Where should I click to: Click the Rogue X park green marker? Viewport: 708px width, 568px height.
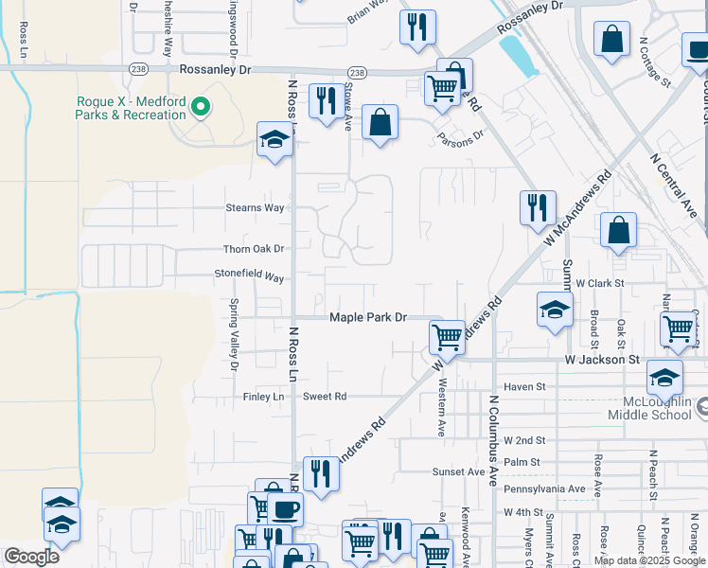pyautogui.click(x=200, y=108)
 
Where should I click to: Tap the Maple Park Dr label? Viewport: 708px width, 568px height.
pyautogui.click(x=367, y=318)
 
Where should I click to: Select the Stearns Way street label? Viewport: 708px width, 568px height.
pyautogui.click(x=255, y=208)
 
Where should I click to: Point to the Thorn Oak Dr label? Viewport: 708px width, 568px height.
pyautogui.click(x=254, y=249)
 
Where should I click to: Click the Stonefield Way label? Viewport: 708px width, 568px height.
pyautogui.click(x=249, y=277)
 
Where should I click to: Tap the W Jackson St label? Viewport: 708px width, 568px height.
pyautogui.click(x=601, y=360)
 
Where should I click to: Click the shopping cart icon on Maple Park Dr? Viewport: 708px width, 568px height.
pyautogui.click(x=446, y=336)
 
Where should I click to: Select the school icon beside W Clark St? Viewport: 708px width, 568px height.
pyautogui.click(x=555, y=310)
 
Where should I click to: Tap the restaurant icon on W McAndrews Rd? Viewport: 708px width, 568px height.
pyautogui.click(x=537, y=206)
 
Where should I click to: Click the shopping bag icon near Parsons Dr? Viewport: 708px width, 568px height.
pyautogui.click(x=380, y=122)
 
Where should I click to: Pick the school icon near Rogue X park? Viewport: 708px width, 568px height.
pyautogui.click(x=275, y=140)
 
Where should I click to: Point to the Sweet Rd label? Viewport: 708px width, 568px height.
pyautogui.click(x=325, y=397)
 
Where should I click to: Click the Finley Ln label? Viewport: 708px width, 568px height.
pyautogui.click(x=264, y=397)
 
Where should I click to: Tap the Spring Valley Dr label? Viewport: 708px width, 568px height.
pyautogui.click(x=233, y=334)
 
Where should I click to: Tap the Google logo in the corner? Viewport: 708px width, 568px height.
pyautogui.click(x=31, y=557)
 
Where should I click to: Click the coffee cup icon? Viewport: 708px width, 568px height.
pyautogui.click(x=284, y=509)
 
